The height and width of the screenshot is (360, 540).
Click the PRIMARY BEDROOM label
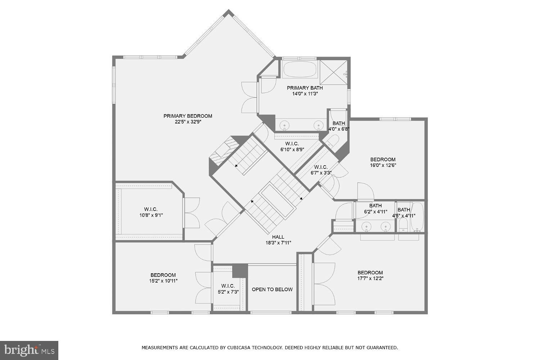[188, 116]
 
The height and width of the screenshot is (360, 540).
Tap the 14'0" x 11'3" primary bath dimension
[305, 94]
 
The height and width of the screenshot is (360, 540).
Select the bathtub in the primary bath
[300, 69]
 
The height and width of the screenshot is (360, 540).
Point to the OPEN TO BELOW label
[272, 289]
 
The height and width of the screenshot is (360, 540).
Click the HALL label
[278, 237]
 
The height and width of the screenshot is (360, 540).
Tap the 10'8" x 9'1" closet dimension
[151, 215]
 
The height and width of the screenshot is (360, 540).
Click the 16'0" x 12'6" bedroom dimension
[383, 165]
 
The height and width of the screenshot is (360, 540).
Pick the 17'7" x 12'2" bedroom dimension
[370, 278]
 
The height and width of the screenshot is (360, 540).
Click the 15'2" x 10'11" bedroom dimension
[163, 281]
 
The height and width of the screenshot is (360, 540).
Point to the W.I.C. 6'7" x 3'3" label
[321, 170]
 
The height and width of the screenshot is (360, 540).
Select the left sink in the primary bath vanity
[285, 126]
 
